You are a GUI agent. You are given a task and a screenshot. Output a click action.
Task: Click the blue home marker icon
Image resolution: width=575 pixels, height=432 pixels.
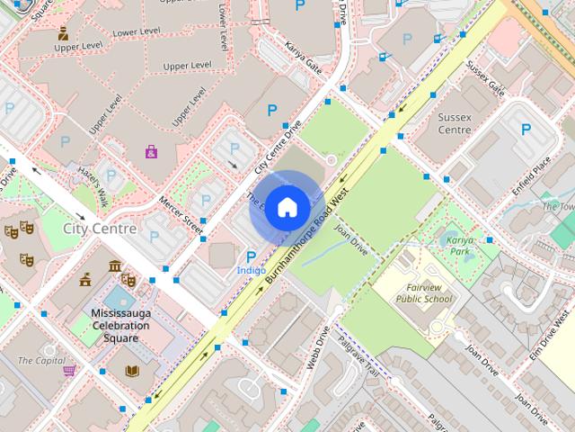tap(286, 208)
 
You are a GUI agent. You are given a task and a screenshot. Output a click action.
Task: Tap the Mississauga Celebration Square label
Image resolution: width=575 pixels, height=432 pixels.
tap(120, 325)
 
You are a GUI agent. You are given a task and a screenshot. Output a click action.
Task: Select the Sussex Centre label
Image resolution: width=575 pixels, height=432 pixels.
tap(455, 123)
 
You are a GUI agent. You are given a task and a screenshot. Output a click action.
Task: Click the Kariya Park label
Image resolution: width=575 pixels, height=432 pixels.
tap(460, 246)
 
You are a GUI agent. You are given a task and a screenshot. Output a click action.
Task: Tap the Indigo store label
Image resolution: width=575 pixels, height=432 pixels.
tap(251, 270)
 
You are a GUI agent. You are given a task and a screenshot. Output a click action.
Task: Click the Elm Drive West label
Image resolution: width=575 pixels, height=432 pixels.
tap(549, 337)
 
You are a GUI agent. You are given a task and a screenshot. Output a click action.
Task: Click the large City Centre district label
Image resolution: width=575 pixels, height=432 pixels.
tap(100, 229)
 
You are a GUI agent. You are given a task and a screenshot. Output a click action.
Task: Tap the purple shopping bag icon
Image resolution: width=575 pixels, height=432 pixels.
tap(151, 151)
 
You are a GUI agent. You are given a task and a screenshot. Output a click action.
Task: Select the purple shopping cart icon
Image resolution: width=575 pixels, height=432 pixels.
tap(68, 370)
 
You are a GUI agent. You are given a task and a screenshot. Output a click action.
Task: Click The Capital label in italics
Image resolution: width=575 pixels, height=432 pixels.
tap(34, 360)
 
